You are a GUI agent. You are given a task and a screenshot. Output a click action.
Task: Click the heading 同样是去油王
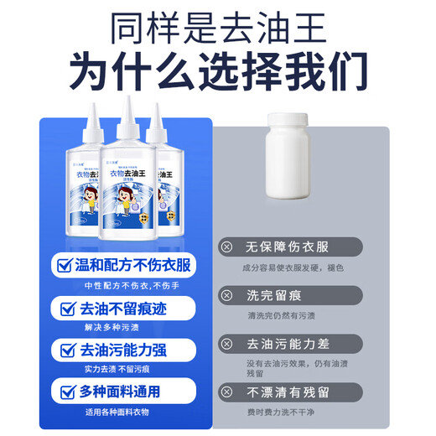(x=217, y=29)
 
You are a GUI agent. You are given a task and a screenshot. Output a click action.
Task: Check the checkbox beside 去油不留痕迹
(x=65, y=309)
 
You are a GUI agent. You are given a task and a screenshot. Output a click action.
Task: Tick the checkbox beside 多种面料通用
(x=65, y=391)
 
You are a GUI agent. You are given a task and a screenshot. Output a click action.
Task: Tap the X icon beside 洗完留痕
(x=227, y=295)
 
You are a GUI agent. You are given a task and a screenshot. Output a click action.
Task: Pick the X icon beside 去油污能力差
(x=227, y=344)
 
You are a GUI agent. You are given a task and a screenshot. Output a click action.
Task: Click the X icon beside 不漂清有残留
(x=227, y=392)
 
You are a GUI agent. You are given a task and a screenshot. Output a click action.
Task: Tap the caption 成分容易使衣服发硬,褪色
(x=289, y=267)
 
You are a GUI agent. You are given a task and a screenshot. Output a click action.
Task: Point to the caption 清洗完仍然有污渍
(x=282, y=315)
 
